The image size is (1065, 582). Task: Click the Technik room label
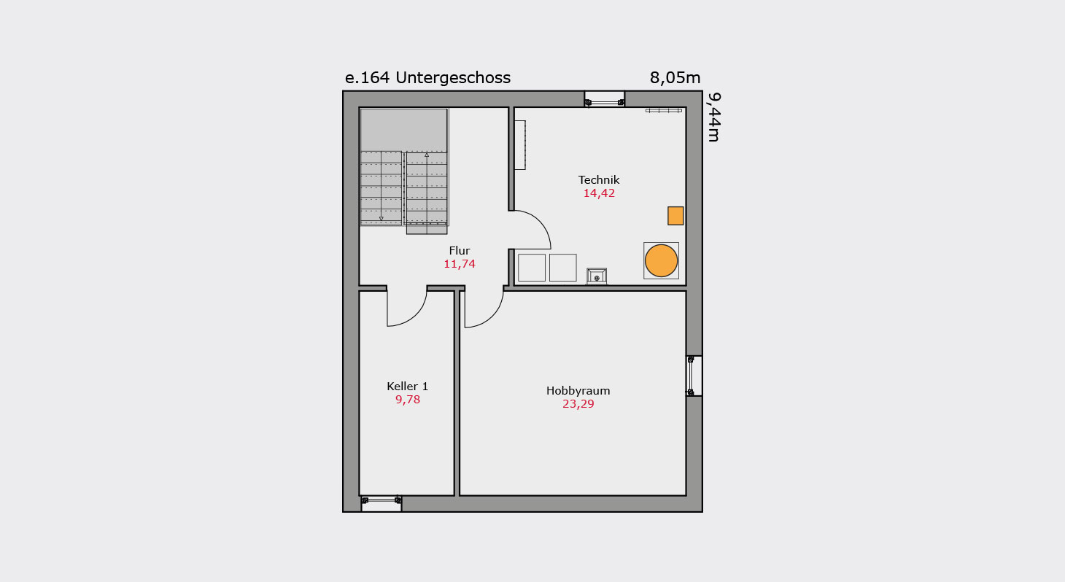(599, 179)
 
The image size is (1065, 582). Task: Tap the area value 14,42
(599, 193)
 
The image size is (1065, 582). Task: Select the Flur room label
(460, 251)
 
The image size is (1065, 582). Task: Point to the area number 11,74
(460, 264)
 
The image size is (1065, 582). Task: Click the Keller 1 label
(408, 386)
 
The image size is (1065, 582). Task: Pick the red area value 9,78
(408, 400)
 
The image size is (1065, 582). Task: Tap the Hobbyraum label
(578, 391)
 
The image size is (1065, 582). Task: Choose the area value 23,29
(578, 404)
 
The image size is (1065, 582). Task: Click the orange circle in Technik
(661, 260)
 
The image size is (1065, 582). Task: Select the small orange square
(675, 216)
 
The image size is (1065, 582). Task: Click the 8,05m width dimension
(675, 77)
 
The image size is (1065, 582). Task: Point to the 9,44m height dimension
(713, 117)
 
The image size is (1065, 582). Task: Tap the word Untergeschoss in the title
(453, 77)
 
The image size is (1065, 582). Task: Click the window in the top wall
(604, 99)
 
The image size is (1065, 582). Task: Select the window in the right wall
(694, 376)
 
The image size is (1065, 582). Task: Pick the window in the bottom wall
(382, 503)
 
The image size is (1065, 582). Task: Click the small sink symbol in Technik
(597, 276)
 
